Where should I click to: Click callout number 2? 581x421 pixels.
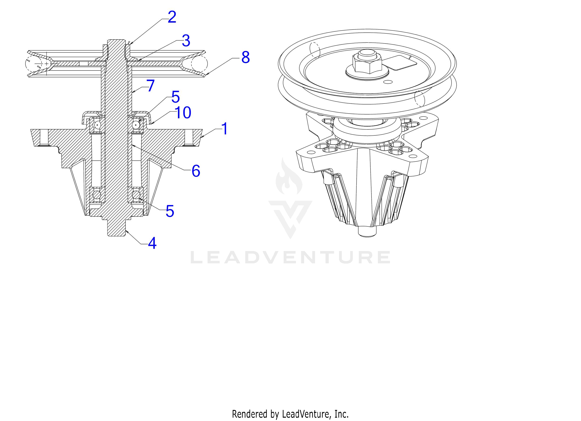pos(172,17)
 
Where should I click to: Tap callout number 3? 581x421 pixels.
pos(186,41)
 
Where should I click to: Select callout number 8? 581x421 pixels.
pos(245,58)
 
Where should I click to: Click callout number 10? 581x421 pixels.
pos(183,112)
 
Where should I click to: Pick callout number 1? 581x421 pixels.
pos(224,129)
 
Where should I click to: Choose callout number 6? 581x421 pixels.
pos(196,171)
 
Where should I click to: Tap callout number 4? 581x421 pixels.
pos(152,243)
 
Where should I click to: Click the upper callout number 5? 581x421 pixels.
pos(175,97)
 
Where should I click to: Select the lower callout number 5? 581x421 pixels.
pos(170,211)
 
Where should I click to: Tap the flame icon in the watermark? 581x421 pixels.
pos(289,177)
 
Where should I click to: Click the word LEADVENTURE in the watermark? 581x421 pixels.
pos(290,258)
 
